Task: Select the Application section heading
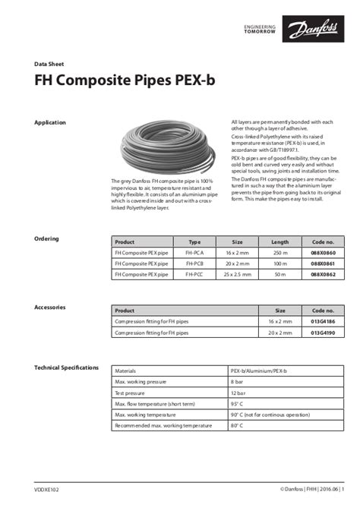pyautogui.click(x=50, y=122)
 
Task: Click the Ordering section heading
pyautogui.click(x=47, y=238)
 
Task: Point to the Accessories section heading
pyautogui.click(x=50, y=307)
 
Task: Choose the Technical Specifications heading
pyautogui.click(x=67, y=368)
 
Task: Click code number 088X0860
pyautogui.click(x=323, y=251)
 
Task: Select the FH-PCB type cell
pyautogui.click(x=194, y=262)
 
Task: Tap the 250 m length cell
pyautogui.click(x=280, y=251)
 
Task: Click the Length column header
pyautogui.click(x=280, y=241)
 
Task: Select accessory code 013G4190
pyautogui.click(x=323, y=333)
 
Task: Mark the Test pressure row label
pyautogui.click(x=130, y=393)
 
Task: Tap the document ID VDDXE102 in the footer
pyautogui.click(x=46, y=491)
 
